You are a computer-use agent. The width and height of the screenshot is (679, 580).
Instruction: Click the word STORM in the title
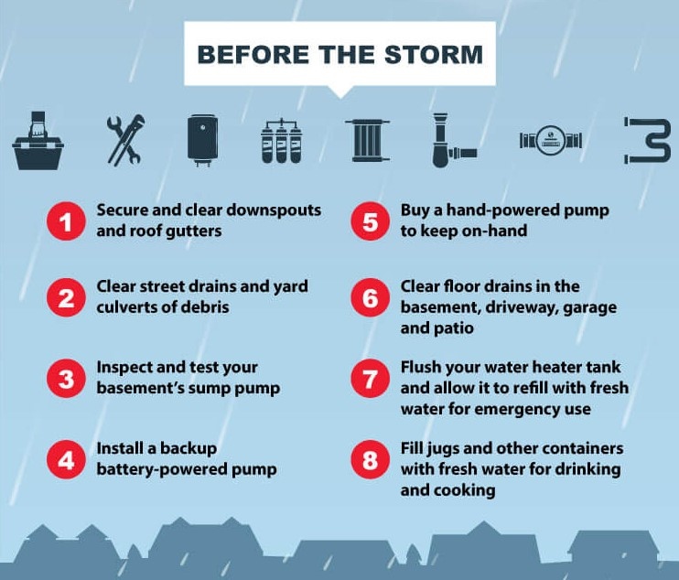click(x=434, y=55)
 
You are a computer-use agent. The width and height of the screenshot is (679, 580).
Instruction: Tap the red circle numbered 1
click(x=66, y=221)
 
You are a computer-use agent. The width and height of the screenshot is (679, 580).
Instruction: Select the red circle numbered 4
click(x=66, y=459)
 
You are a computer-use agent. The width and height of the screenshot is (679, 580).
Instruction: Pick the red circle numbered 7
click(x=371, y=379)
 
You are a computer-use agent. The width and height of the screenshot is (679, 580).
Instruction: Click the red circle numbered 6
click(x=371, y=297)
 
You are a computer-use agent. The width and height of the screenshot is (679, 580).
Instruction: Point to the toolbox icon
click(x=38, y=140)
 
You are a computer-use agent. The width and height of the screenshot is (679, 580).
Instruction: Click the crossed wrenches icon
click(x=125, y=140)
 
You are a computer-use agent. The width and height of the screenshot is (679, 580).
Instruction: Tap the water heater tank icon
click(x=202, y=140)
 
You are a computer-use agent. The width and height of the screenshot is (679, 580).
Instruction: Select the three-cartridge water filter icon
click(x=282, y=141)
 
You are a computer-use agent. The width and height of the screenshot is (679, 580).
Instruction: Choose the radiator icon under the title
click(x=368, y=140)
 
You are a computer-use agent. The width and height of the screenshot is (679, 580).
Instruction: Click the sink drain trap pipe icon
click(x=453, y=140)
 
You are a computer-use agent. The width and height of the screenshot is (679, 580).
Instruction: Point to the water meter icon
click(x=550, y=140)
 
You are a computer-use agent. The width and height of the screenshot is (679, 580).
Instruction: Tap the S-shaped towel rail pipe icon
click(x=648, y=140)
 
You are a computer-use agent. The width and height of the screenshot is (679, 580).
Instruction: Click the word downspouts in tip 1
click(x=274, y=209)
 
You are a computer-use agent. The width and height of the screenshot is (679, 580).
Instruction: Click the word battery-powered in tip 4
click(x=162, y=469)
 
